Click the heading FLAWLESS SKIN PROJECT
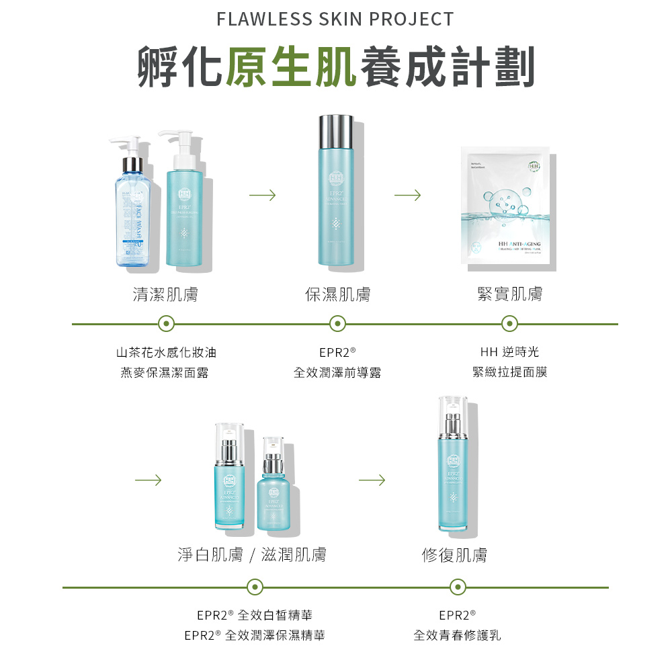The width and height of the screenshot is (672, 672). tap(335, 19)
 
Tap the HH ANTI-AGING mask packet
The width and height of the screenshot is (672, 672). tap(509, 208)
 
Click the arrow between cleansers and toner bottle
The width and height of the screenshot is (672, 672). tap(262, 196)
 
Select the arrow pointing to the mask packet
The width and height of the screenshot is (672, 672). tap(408, 196)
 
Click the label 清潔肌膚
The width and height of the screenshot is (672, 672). tap(165, 294)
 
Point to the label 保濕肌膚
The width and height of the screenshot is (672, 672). tap(337, 294)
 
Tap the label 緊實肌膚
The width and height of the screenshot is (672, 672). tap(509, 294)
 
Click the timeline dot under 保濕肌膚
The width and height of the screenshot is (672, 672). tap(337, 324)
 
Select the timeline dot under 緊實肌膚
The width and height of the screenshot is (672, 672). tap(509, 324)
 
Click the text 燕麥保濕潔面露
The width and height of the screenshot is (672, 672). tap(165, 372)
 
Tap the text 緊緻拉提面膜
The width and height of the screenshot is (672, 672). tap(509, 372)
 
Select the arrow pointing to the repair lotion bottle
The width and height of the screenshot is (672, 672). tap(372, 480)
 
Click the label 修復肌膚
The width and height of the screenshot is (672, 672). tap(455, 555)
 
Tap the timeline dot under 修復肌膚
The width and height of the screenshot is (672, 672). tap(457, 587)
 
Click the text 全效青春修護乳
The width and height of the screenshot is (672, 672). tap(457, 635)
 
